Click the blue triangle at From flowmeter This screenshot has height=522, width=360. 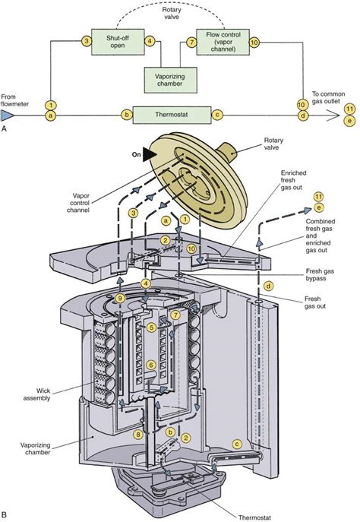(x=8, y=115)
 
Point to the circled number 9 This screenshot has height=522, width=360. (x=119, y=299)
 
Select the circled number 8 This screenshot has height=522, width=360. (x=138, y=435)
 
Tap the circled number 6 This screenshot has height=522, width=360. (x=151, y=365)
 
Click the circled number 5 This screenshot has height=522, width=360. (x=151, y=327)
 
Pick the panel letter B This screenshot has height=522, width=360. (x=6, y=515)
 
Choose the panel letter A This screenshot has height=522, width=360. (x=6, y=129)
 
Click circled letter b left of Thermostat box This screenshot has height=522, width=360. (x=126, y=115)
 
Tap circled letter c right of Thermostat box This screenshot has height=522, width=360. (x=218, y=115)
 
